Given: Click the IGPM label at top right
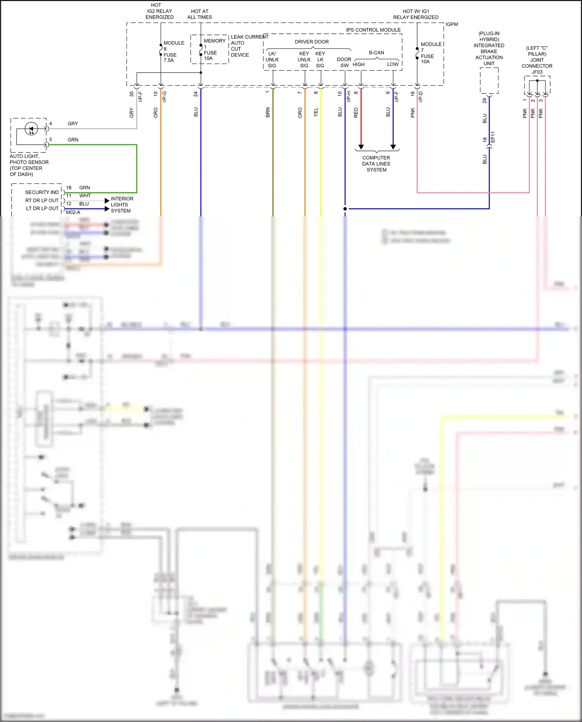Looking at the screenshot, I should (452, 24).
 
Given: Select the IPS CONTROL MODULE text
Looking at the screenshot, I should (373, 30).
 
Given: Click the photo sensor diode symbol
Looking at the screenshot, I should (31, 129).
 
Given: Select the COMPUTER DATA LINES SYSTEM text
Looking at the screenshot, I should (376, 164).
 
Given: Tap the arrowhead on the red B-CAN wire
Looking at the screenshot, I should (361, 147).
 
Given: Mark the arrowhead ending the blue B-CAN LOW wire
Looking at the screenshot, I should (393, 147).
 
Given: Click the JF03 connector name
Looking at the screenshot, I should (537, 72).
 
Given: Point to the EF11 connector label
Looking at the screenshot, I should (493, 137).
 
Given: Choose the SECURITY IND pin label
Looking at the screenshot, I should (42, 192).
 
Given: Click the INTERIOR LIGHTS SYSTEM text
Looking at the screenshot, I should (121, 205).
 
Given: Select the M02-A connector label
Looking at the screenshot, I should (73, 212).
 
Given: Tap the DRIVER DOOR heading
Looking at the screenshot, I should (312, 42).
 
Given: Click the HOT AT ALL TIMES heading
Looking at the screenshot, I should (199, 14).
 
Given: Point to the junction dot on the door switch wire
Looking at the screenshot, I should (345, 209).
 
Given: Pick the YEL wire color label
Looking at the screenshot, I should (316, 113).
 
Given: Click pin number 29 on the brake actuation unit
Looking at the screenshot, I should (485, 100).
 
